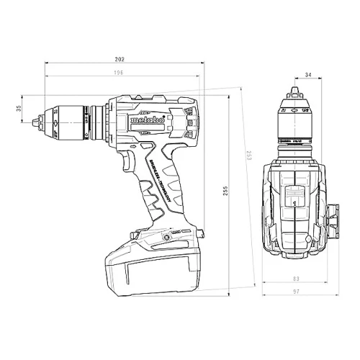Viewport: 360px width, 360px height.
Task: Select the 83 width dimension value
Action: (x=296, y=278)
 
